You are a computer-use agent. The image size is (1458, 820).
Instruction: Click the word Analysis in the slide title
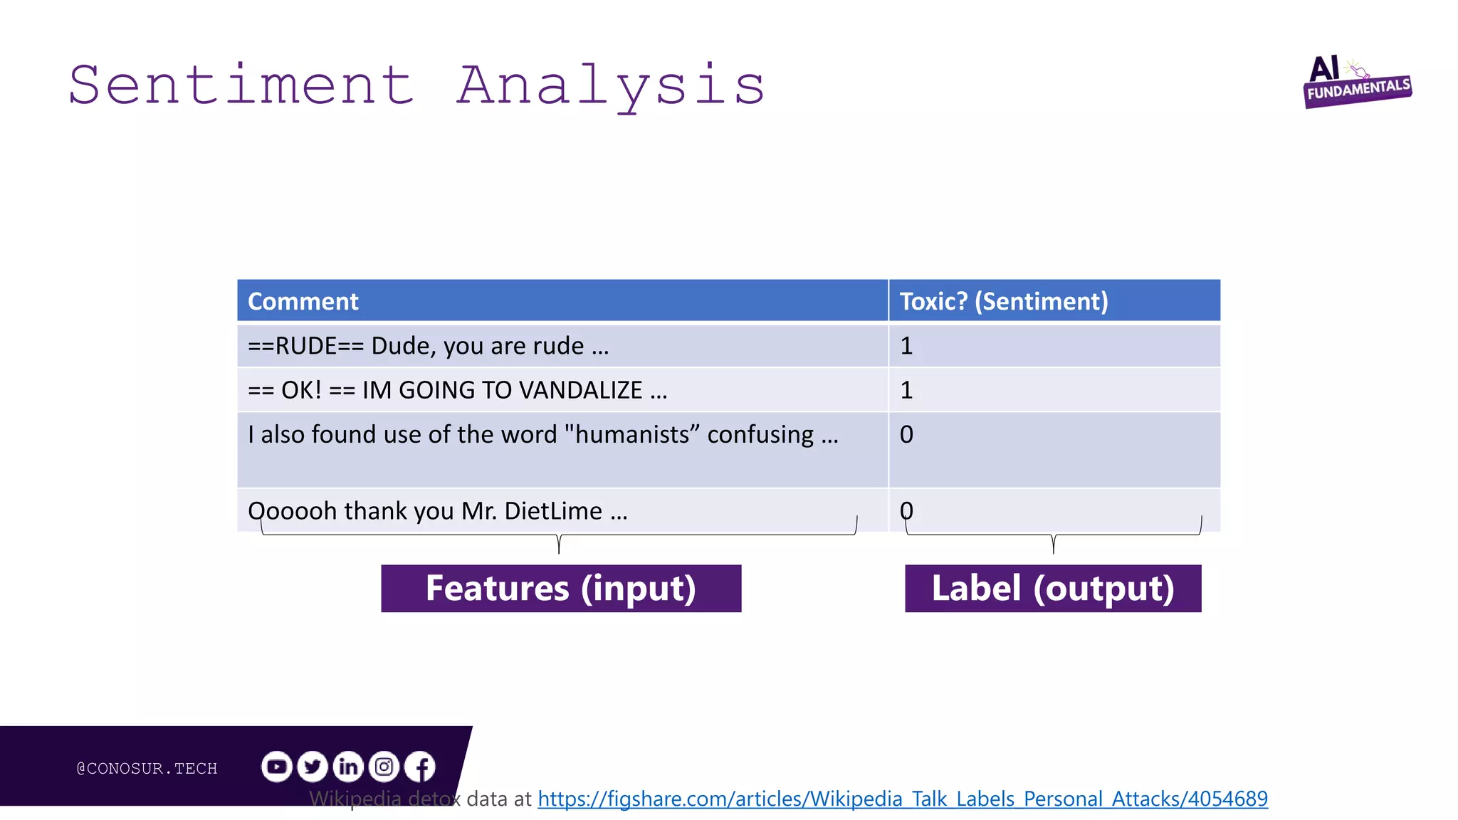pyautogui.click(x=611, y=85)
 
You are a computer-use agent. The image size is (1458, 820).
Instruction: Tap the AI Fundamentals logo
pyautogui.click(x=1356, y=83)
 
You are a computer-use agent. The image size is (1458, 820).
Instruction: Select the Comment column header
pyautogui.click(x=303, y=301)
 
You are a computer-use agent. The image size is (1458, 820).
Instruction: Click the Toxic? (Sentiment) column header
pyautogui.click(x=1003, y=301)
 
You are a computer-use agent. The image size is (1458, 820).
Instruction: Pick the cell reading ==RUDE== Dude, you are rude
pyautogui.click(x=428, y=346)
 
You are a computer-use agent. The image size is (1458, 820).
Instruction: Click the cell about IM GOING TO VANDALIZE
pyautogui.click(x=457, y=390)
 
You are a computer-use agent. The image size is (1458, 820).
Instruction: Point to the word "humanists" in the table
pyautogui.click(x=633, y=434)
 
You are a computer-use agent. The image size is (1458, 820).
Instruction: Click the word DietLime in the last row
pyautogui.click(x=553, y=511)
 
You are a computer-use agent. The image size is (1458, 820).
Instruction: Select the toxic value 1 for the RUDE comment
pyautogui.click(x=906, y=346)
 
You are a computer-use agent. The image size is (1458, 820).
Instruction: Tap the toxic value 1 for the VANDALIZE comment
pyautogui.click(x=906, y=390)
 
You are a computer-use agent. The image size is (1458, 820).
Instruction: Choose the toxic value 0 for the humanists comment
pyautogui.click(x=906, y=434)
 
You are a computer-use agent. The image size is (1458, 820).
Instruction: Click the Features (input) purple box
pyautogui.click(x=561, y=589)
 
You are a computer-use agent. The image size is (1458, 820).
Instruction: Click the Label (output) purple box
pyautogui.click(x=1053, y=589)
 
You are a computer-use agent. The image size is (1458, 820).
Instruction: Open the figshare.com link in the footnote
pyautogui.click(x=902, y=799)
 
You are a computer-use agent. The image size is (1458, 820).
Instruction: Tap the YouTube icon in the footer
pyautogui.click(x=276, y=767)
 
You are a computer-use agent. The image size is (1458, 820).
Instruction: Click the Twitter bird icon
pyautogui.click(x=312, y=767)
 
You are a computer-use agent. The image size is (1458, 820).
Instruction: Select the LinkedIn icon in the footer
pyautogui.click(x=348, y=767)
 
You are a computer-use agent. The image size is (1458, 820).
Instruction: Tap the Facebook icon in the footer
pyautogui.click(x=420, y=767)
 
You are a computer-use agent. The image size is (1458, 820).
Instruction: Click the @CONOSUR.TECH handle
pyautogui.click(x=147, y=768)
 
